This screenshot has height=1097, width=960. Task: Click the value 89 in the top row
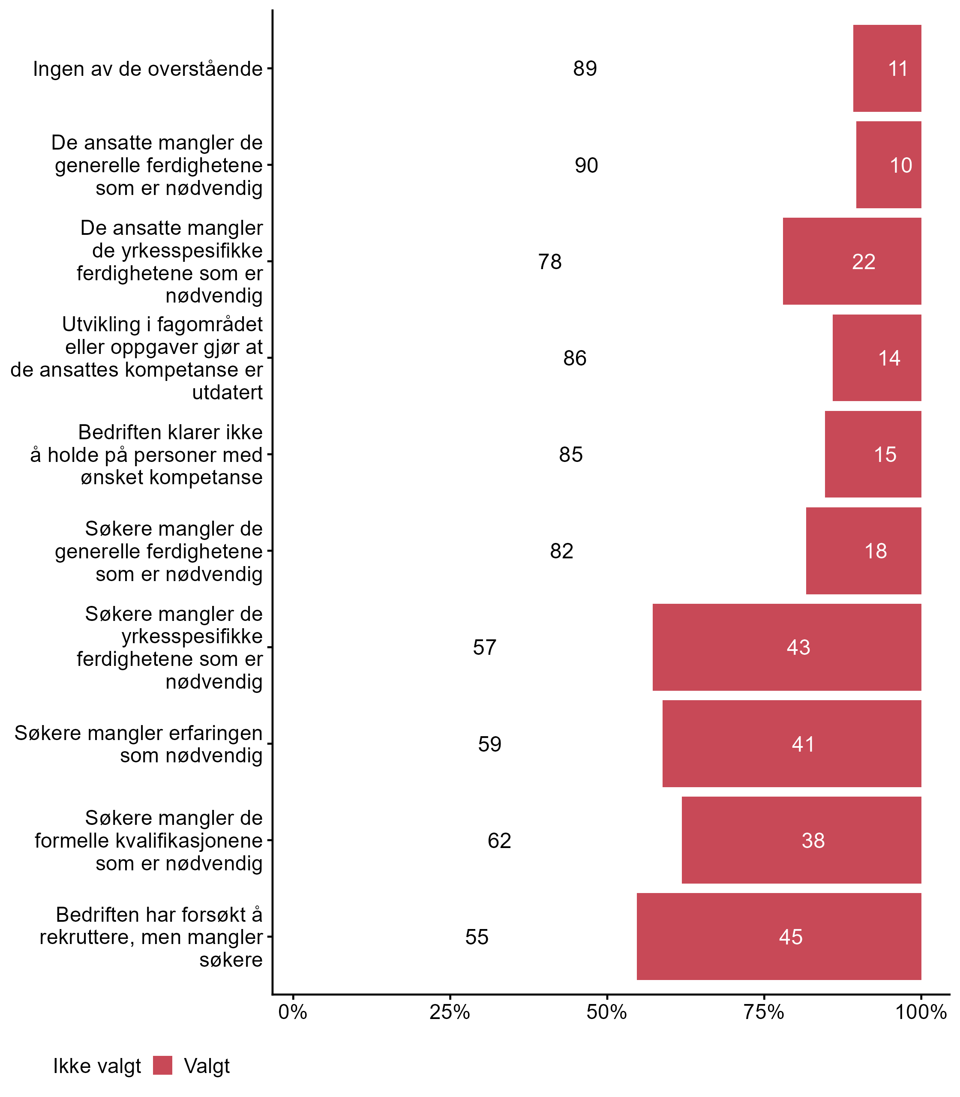(585, 69)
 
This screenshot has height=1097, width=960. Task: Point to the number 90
(587, 165)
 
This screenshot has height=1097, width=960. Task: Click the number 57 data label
(485, 647)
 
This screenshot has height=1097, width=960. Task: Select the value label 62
(499, 840)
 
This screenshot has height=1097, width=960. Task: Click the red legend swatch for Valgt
(162, 1065)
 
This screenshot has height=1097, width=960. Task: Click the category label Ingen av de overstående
(148, 69)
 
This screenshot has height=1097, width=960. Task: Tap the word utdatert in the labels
(228, 393)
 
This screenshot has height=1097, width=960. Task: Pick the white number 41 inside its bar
(804, 744)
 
